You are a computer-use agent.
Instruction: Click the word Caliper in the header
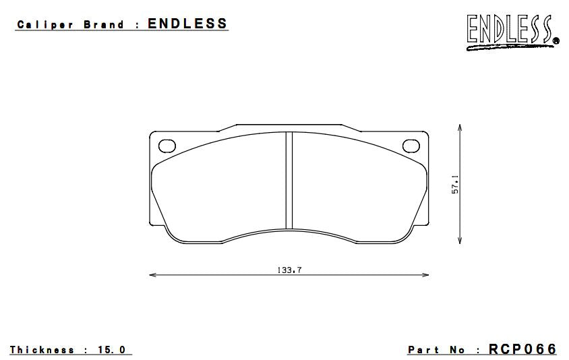coord(45,25)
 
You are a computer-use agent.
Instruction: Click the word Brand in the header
coord(104,25)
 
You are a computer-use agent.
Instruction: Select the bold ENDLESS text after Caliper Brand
coord(187,24)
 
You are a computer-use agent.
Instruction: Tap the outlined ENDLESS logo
coord(509,28)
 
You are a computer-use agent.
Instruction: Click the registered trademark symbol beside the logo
coord(556,41)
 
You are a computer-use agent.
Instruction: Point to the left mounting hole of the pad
coord(167,146)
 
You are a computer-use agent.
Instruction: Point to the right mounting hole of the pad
coord(411,146)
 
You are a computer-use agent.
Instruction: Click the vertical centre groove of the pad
coord(289,181)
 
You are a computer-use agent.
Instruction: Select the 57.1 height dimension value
coord(455,185)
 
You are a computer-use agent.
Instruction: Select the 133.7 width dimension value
coord(289,270)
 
